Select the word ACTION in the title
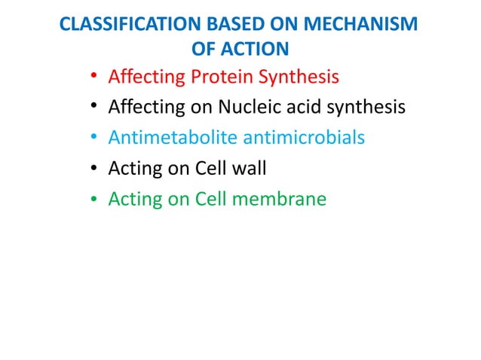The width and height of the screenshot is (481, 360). click(257, 50)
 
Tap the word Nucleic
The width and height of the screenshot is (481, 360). click(240, 108)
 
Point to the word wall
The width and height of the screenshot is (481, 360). click(249, 169)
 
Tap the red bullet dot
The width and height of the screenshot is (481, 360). click(93, 78)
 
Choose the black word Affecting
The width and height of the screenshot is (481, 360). click(143, 108)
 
